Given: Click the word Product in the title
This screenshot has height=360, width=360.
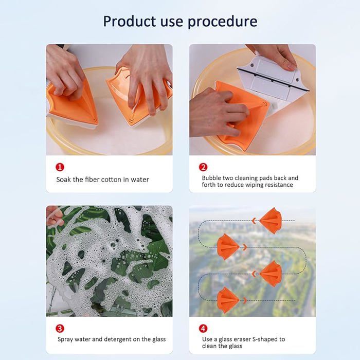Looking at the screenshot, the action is tap(130, 22).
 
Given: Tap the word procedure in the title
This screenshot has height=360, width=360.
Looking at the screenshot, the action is tap(223, 22).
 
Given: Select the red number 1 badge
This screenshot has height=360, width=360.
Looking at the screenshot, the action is tap(60, 167).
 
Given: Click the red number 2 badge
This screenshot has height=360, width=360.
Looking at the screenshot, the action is tap(203, 167).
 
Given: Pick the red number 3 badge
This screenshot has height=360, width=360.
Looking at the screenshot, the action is tap(60, 329).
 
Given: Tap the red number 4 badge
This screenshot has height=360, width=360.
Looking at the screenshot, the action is tap(203, 329).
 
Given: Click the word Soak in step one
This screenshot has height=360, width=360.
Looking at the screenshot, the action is tap(64, 179).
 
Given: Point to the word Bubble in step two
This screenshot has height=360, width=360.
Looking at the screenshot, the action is tap(210, 178).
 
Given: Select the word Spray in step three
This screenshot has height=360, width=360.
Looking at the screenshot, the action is tap(65, 339).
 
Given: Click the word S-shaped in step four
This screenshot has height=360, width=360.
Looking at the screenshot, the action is tap(265, 339).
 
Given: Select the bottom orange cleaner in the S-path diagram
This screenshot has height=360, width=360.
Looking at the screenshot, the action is tap(228, 300).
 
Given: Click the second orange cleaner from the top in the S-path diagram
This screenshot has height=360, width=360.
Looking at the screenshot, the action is tap(228, 247).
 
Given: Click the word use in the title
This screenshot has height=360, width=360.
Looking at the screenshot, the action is tap(172, 22).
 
